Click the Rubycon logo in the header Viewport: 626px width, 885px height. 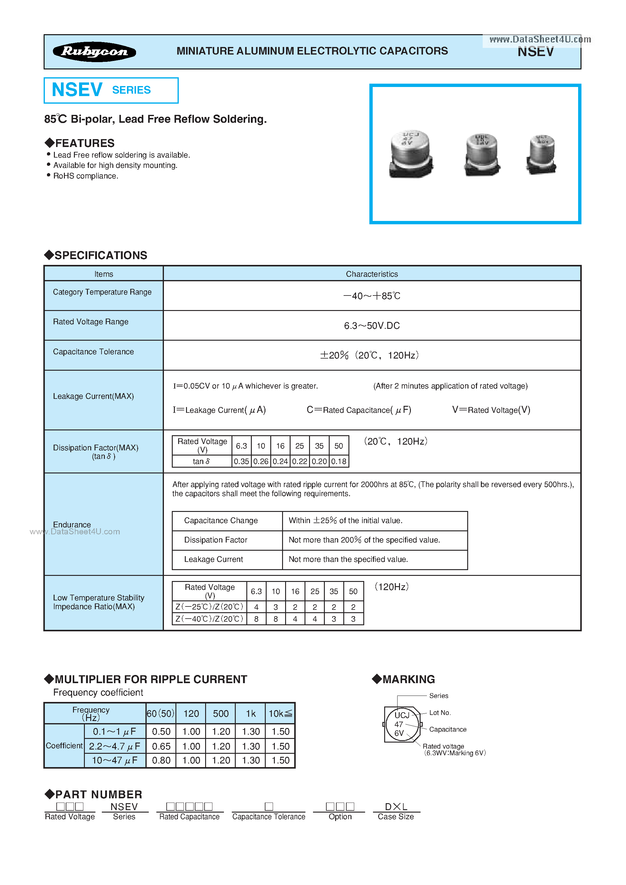(x=95, y=52)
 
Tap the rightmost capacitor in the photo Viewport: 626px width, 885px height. (x=541, y=154)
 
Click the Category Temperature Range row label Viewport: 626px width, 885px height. (x=102, y=292)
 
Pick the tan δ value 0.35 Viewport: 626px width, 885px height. (x=241, y=461)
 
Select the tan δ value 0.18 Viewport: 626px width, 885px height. (x=339, y=461)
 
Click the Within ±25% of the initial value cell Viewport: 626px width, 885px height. (x=345, y=521)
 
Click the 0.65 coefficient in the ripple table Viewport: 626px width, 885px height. (x=161, y=746)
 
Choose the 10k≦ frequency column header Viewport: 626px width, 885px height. (x=280, y=714)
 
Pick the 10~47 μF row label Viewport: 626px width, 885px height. (x=115, y=760)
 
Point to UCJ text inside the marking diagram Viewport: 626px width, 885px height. (x=402, y=715)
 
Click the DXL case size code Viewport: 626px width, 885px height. (x=396, y=807)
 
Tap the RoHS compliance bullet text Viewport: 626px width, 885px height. (x=85, y=176)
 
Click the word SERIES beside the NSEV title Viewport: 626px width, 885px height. (x=131, y=90)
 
